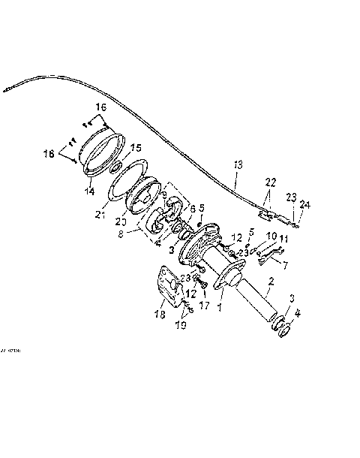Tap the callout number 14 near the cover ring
tap(91, 191)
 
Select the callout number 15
tap(136, 147)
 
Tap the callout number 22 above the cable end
tap(270, 182)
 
